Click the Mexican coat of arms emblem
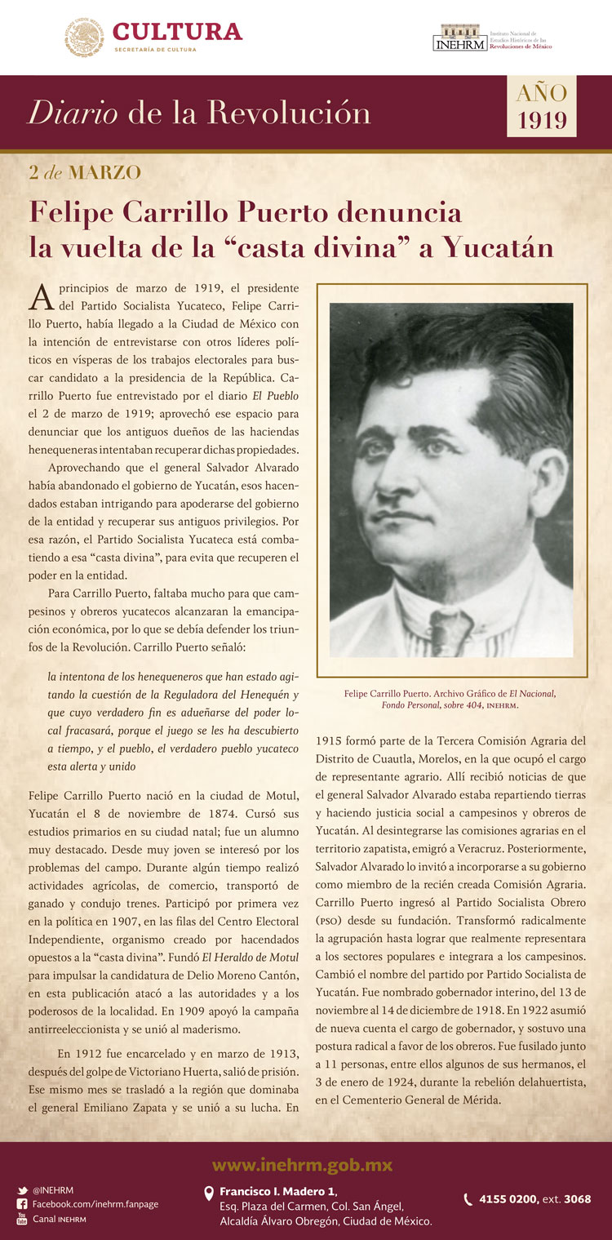(84, 37)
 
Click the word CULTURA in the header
(177, 31)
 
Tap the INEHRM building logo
(459, 38)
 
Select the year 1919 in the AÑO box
(542, 121)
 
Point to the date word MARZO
(104, 172)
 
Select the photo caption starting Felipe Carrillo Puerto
(451, 699)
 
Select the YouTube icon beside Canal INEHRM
(22, 1219)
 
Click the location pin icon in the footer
(209, 1193)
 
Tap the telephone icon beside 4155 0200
(468, 1199)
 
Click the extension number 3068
(577, 1199)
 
